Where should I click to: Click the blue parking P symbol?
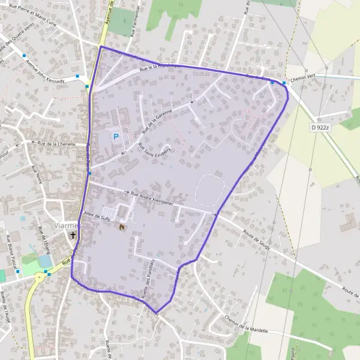(x=116, y=136)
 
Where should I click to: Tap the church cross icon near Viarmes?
(x=73, y=236)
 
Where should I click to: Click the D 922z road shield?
(x=322, y=127)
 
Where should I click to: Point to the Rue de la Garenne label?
(x=157, y=119)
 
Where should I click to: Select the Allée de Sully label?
(x=98, y=214)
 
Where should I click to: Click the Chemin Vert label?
(x=302, y=77)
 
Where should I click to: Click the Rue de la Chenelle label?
(x=56, y=144)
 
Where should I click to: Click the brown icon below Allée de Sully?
(x=122, y=227)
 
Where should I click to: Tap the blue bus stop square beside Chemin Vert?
(x=284, y=83)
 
